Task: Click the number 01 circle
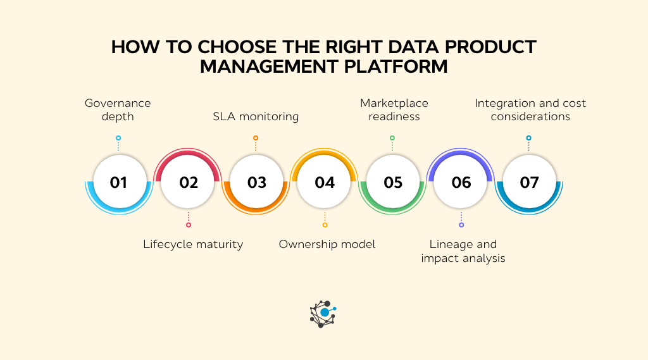point(118,182)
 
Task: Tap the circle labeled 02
point(189,182)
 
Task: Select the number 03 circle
point(256,182)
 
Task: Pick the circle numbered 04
point(325,182)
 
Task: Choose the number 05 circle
point(393,182)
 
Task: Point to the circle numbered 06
point(461,182)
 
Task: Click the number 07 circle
point(529,182)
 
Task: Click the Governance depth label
point(118,109)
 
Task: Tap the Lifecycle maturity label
point(193,244)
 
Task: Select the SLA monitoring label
point(256,116)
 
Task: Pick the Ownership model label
point(327,244)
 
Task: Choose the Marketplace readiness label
point(394,109)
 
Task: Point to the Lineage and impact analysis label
point(463,251)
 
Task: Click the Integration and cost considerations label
point(530,109)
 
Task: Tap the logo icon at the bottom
point(323,313)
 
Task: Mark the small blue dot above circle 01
point(118,137)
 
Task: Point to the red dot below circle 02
point(189,225)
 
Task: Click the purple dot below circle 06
point(461,225)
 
